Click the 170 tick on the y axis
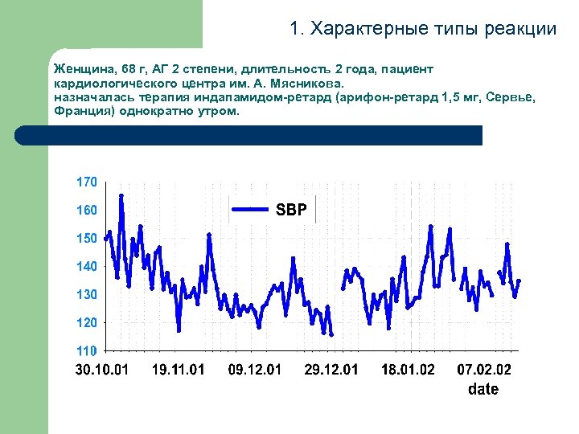coord(87,182)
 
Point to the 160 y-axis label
coord(87,211)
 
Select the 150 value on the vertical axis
coord(87,239)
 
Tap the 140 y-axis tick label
coord(87,266)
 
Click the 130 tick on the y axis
coord(87,295)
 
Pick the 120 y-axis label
coord(87,322)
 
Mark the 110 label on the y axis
coord(87,351)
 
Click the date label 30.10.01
coord(102,371)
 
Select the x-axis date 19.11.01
coord(179,371)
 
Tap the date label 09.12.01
coord(255,371)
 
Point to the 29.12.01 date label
coord(331,371)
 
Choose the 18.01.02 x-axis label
coord(408,371)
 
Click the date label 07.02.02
coord(484,371)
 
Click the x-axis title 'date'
coord(483,390)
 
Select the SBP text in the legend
coord(291,211)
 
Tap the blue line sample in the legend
coord(250,210)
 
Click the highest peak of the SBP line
coord(121,195)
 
